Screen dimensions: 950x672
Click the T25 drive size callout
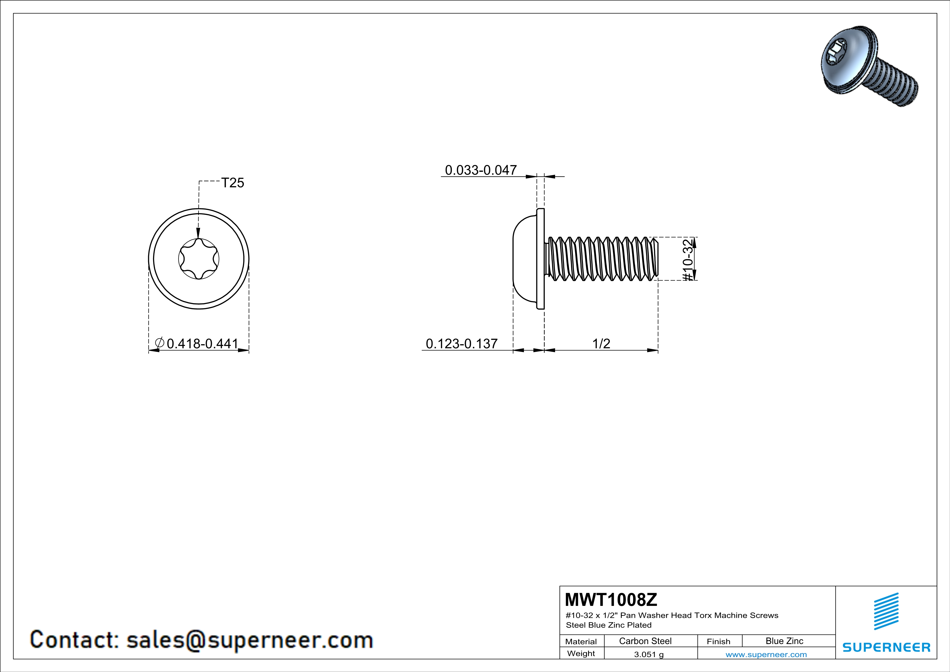[x=232, y=183]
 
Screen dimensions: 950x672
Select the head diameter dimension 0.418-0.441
[x=202, y=343]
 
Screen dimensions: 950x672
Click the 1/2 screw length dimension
[x=601, y=343]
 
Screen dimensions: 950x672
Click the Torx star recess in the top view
[x=199, y=259]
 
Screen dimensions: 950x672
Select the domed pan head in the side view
[x=525, y=259]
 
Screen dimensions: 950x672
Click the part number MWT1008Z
[x=611, y=600]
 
